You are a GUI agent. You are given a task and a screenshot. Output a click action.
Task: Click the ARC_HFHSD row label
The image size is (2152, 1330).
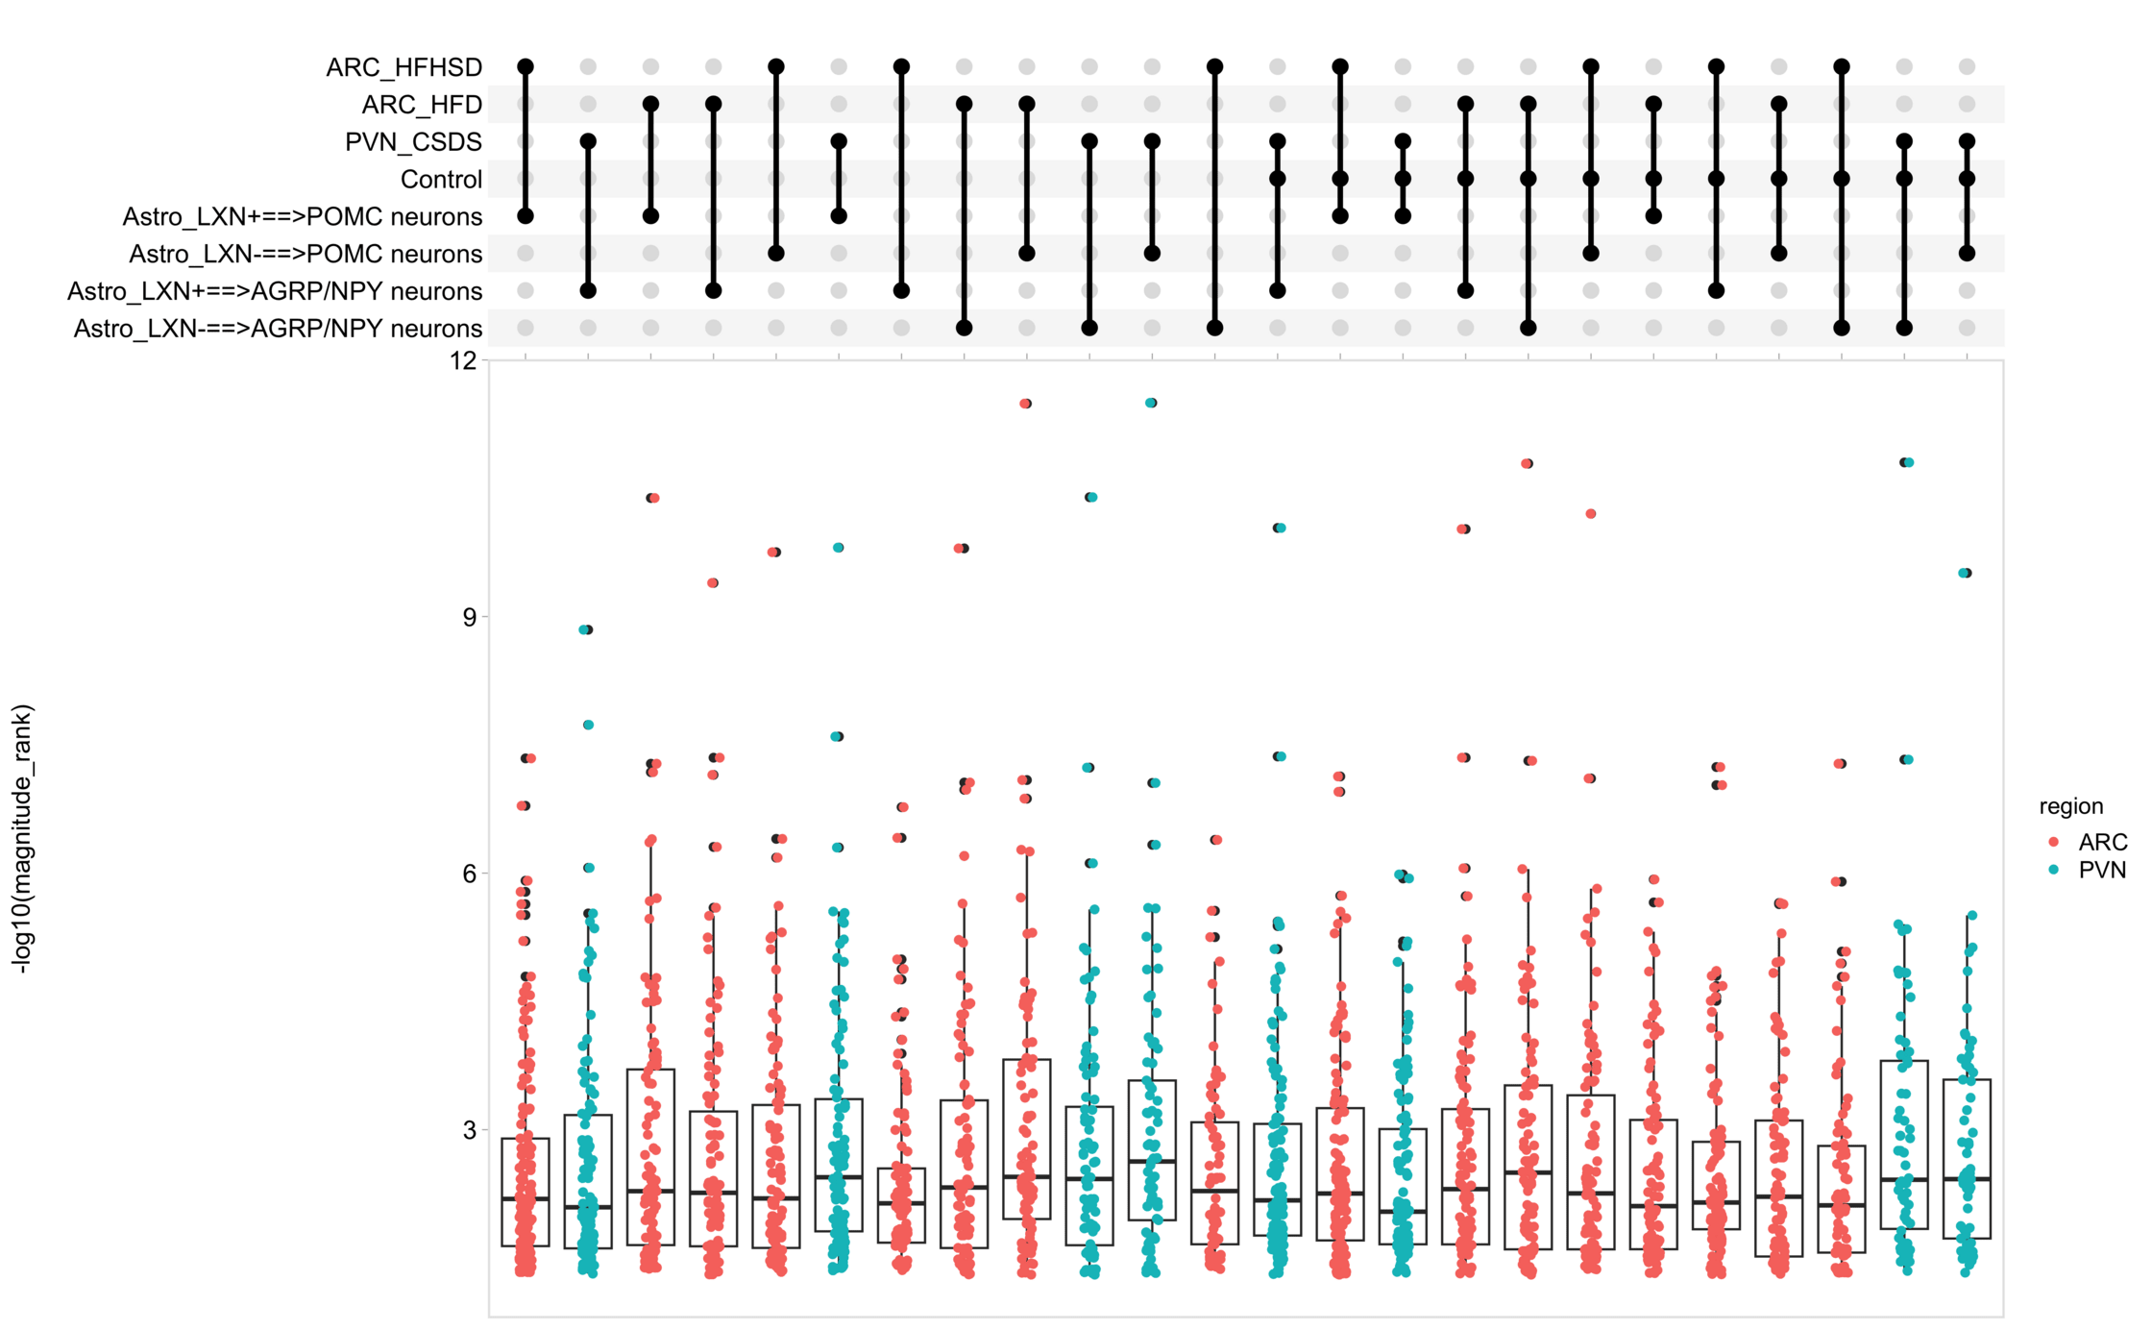[403, 67]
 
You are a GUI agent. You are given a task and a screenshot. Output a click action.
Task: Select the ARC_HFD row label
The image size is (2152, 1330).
[422, 105]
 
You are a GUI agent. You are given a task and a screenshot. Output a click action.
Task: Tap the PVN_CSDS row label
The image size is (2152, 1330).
[413, 142]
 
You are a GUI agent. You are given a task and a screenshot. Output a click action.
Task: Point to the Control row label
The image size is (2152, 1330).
[441, 180]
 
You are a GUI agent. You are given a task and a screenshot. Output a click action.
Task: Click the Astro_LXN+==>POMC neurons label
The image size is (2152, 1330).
[302, 217]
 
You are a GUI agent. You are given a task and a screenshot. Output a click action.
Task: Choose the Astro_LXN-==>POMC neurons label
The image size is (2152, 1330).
[306, 255]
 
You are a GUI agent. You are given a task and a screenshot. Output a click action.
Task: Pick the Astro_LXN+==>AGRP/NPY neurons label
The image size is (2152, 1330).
[275, 291]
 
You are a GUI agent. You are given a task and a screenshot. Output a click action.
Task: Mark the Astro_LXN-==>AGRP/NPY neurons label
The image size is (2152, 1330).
[278, 329]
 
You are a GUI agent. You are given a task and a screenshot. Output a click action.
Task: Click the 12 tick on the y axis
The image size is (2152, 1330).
[463, 360]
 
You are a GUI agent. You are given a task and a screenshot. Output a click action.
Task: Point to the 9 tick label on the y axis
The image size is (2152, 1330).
[469, 617]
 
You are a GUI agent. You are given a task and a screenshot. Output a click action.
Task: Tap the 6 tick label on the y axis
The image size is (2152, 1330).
[469, 874]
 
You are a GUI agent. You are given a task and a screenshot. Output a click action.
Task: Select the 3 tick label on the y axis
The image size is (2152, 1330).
[469, 1130]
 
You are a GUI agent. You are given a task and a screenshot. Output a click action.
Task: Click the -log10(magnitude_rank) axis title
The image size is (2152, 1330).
[22, 839]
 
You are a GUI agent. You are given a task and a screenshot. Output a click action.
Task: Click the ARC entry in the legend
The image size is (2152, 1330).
[2102, 843]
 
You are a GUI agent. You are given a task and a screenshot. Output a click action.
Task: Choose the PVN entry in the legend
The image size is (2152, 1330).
[2101, 871]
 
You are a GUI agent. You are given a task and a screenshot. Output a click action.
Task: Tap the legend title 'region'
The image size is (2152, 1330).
[2070, 806]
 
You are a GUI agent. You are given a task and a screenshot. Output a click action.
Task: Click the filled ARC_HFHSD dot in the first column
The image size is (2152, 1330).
[526, 67]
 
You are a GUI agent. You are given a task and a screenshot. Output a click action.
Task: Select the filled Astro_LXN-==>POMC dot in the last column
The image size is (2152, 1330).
[1967, 254]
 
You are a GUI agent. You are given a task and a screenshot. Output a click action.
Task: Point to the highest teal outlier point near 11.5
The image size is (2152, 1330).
[1151, 403]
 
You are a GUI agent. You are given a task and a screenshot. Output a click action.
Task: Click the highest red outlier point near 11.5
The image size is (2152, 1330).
[1026, 404]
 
